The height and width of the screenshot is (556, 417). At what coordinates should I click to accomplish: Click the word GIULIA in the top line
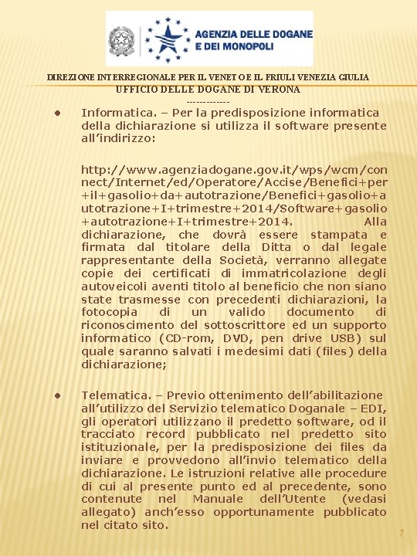351,77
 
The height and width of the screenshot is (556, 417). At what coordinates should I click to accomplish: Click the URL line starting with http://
234,169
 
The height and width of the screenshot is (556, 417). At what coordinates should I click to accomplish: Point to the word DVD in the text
236,337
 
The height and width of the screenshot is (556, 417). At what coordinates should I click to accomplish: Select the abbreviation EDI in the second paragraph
371,409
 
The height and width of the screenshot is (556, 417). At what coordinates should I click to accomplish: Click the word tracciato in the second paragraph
108,434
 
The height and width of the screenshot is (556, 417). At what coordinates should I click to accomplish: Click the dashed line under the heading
208,102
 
